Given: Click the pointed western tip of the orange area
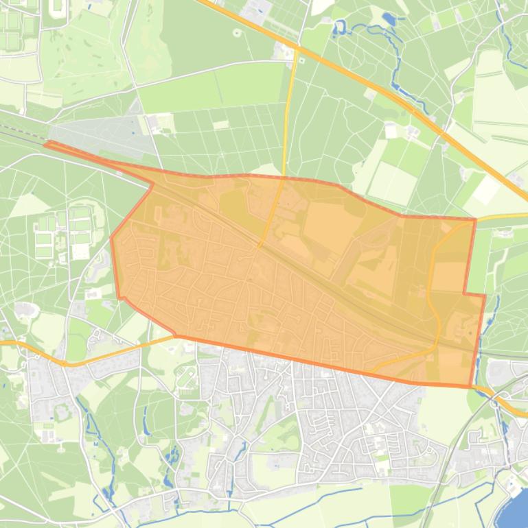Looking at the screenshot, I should click(46, 144).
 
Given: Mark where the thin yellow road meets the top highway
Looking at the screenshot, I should click(297, 49).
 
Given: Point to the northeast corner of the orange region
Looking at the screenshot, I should click(475, 220).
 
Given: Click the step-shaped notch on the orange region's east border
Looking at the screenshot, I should click(466, 294).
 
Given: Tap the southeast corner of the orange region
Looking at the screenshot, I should click(472, 387).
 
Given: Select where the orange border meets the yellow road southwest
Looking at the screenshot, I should click(176, 336).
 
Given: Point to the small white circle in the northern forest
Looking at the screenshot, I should click(238, 32).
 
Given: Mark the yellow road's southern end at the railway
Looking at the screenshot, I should click(260, 245).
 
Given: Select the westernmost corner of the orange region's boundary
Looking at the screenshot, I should click(111, 238).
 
